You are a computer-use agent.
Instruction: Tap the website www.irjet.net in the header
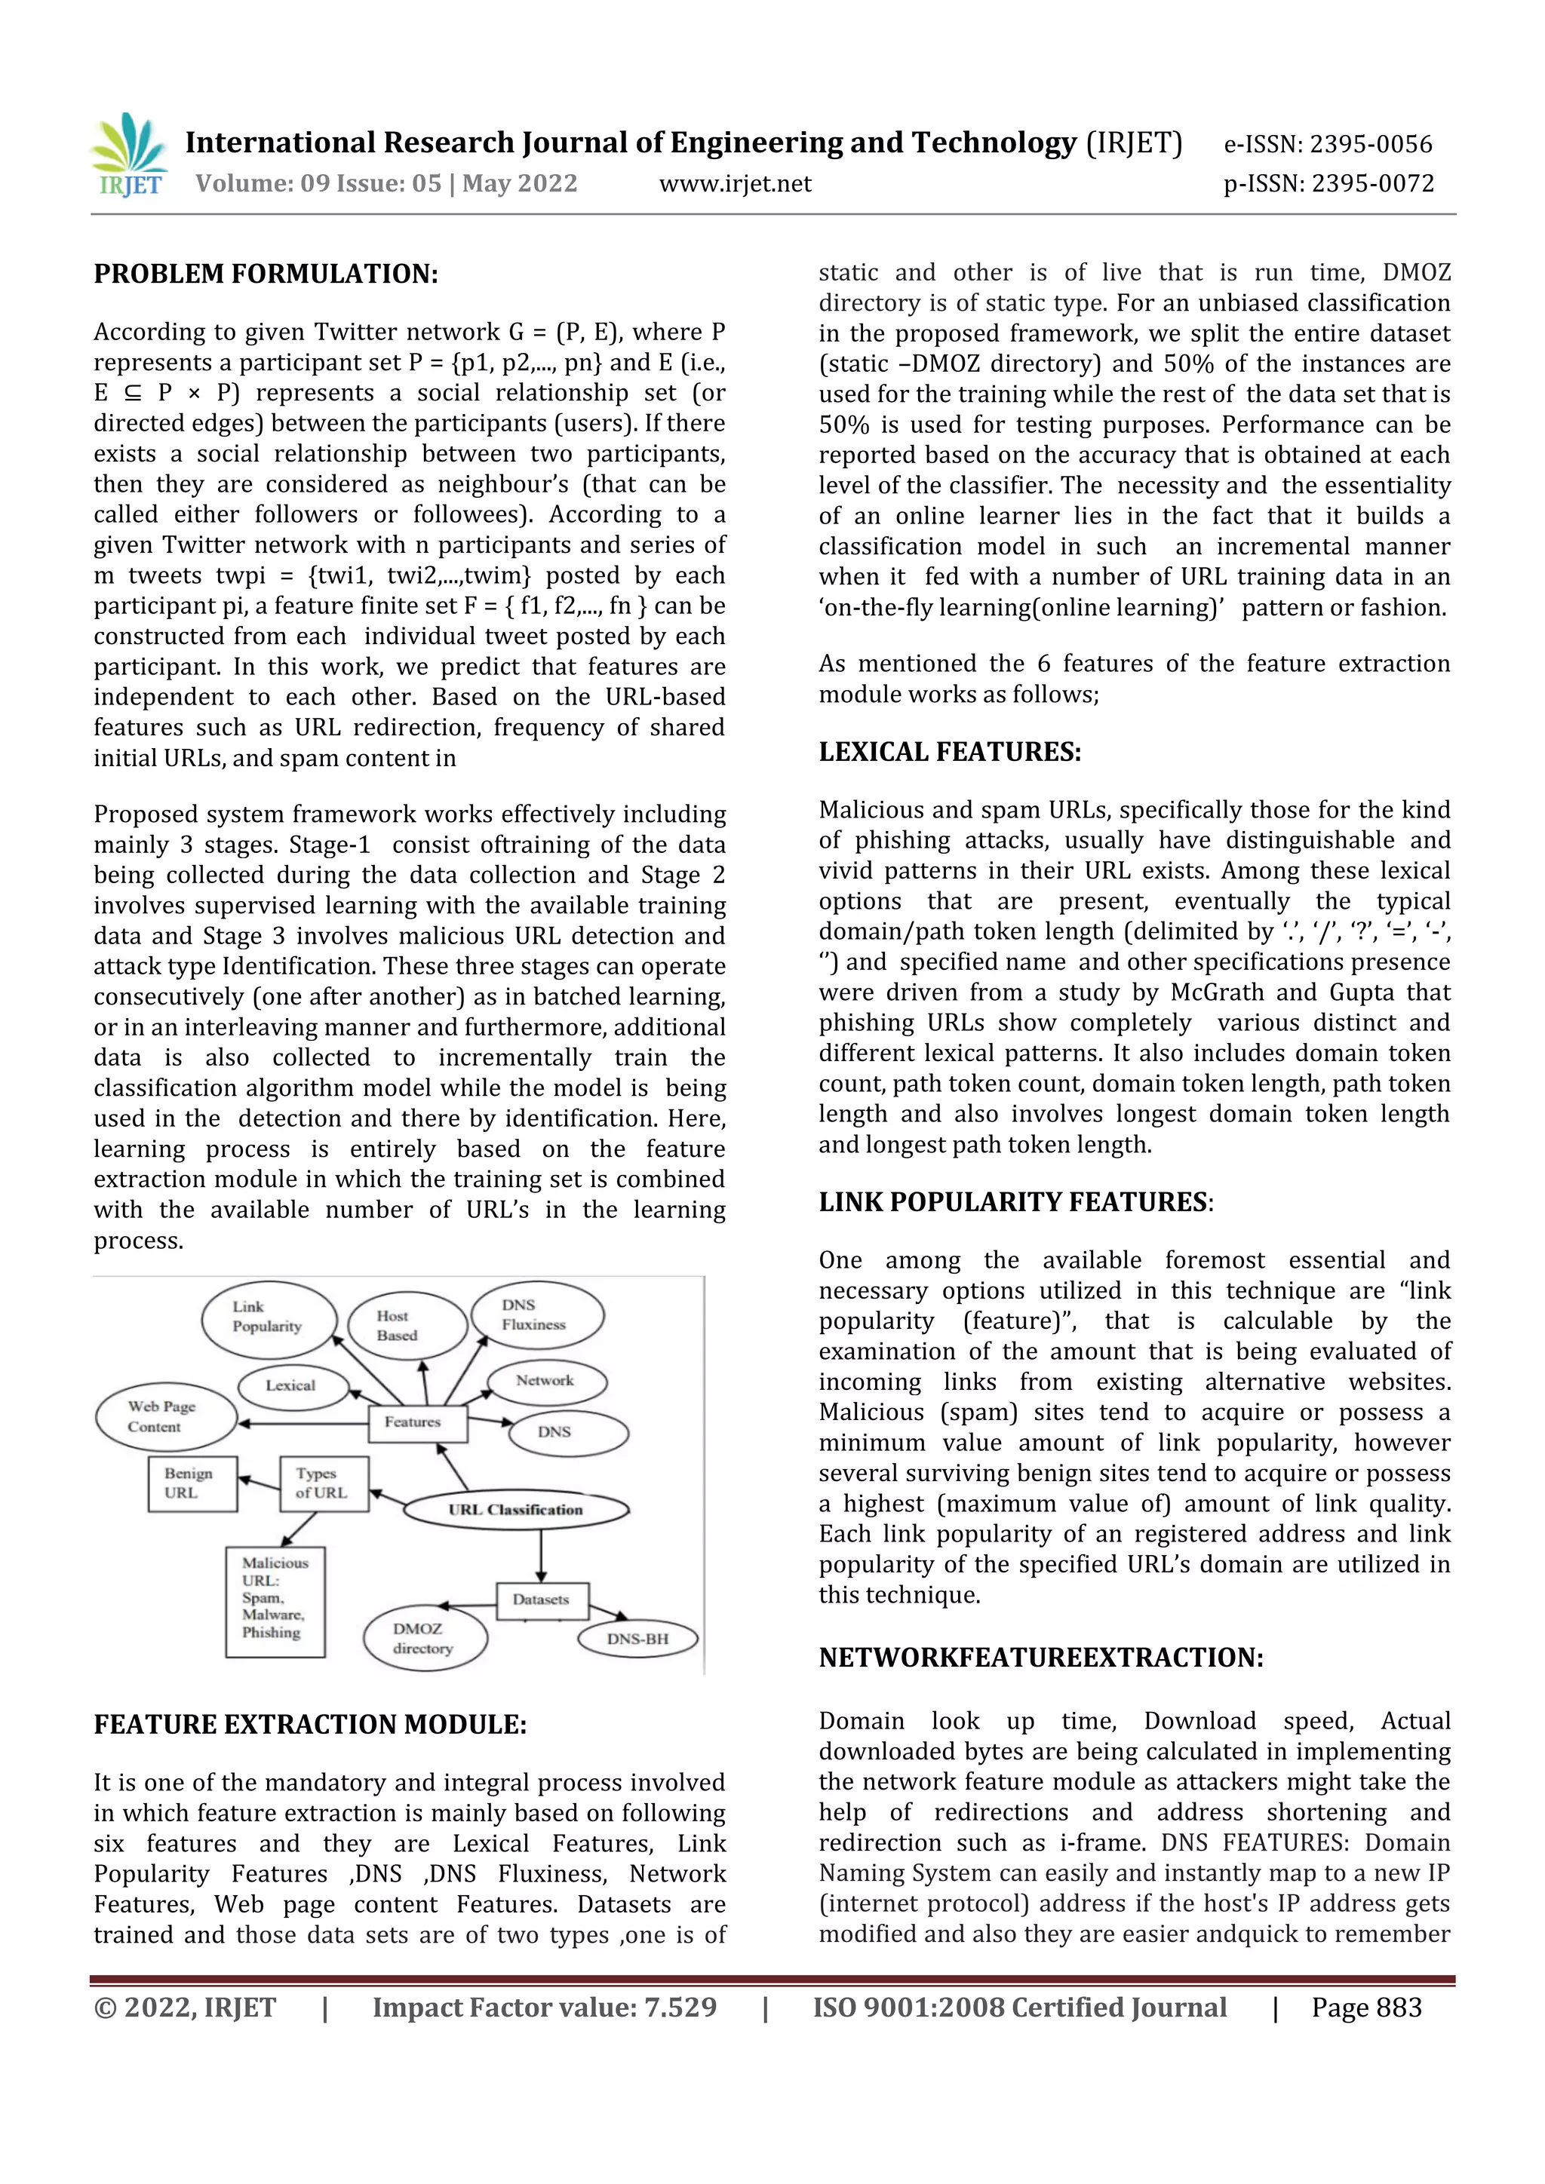click(x=735, y=183)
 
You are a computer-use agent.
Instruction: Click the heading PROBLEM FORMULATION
click(x=266, y=274)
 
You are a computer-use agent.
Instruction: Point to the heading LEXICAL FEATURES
click(x=950, y=753)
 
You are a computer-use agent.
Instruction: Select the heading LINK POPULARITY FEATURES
click(x=1015, y=1202)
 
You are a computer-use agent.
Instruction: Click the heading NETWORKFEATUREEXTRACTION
click(x=1041, y=1658)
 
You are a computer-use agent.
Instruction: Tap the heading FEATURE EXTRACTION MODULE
click(x=310, y=1725)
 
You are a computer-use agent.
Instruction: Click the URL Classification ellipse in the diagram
click(x=516, y=1510)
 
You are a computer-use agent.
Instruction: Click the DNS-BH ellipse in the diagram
click(x=637, y=1639)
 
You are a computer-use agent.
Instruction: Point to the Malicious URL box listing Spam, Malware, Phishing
click(x=275, y=1602)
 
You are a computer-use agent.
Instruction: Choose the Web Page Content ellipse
click(x=164, y=1416)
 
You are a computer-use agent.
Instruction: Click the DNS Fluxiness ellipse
click(x=536, y=1315)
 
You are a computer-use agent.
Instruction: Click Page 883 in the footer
click(x=1366, y=2008)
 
